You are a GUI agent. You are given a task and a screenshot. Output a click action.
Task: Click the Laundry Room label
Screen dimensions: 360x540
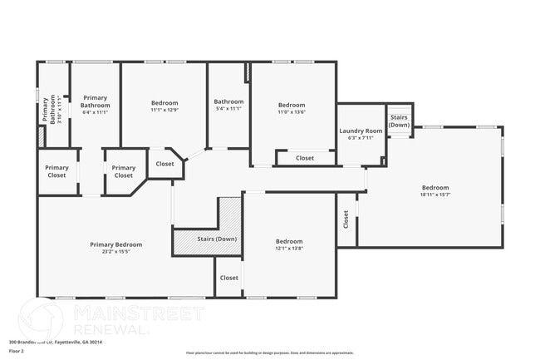coord(361,131)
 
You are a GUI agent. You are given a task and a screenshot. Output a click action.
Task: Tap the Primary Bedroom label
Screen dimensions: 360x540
coord(116,244)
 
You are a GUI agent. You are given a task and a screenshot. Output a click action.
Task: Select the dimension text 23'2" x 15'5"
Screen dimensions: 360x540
coord(116,252)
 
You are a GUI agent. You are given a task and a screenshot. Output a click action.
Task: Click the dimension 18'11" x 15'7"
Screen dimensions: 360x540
coord(434,195)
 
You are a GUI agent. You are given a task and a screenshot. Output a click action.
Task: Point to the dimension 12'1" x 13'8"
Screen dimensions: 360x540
coord(289,249)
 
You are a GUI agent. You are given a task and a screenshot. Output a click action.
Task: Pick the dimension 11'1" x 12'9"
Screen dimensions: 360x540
coord(164,110)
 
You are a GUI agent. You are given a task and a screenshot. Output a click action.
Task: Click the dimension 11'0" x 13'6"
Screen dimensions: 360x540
coord(292,112)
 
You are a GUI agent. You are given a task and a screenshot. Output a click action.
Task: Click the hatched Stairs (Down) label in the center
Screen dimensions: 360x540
coord(217,239)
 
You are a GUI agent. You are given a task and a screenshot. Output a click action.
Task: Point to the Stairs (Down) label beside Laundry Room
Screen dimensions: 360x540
coord(399,121)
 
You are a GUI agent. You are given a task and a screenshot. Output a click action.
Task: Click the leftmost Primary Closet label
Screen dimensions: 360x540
coord(57,171)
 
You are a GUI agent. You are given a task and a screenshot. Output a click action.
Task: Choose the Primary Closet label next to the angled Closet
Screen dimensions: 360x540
coord(124,171)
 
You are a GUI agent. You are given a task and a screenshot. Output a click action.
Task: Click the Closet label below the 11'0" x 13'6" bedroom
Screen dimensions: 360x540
coord(305,158)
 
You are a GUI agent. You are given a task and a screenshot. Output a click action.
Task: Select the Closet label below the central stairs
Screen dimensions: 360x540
coord(228,278)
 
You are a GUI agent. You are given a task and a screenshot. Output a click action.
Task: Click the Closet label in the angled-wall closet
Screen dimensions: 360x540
coord(165,164)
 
